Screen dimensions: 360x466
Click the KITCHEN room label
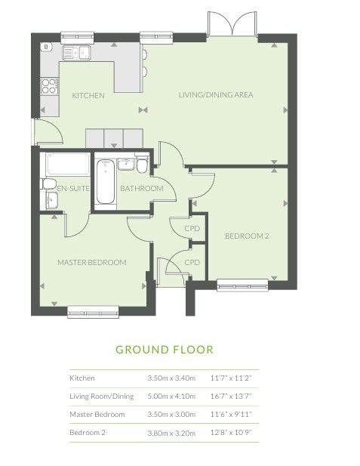click(88, 96)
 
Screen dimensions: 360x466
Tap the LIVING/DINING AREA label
click(216, 95)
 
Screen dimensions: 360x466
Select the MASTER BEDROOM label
click(92, 262)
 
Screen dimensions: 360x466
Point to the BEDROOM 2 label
click(247, 236)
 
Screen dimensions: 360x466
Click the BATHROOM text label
click(142, 188)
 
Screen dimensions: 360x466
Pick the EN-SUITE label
click(73, 188)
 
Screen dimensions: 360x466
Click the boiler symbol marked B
click(47, 47)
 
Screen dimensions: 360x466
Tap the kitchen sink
click(77, 53)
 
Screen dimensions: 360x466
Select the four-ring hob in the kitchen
click(50, 86)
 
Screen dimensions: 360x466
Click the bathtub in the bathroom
click(106, 181)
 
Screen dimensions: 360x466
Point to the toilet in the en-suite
click(49, 184)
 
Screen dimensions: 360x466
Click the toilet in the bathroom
click(142, 164)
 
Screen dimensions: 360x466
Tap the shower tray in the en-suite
click(68, 164)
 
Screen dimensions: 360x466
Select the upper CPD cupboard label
click(192, 229)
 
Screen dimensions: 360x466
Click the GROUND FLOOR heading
click(165, 350)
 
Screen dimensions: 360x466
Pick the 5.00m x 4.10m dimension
click(171, 397)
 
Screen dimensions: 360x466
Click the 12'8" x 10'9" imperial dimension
click(231, 433)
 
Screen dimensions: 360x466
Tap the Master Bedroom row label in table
click(97, 415)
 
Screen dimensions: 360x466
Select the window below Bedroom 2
click(243, 285)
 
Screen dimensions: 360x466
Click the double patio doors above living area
click(232, 24)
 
